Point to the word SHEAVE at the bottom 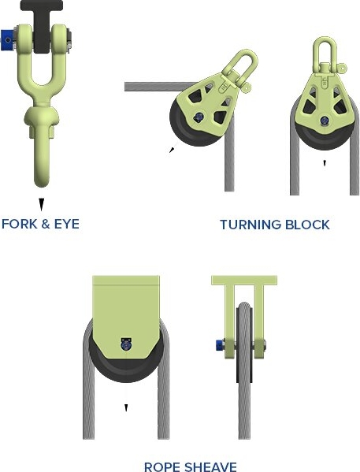tap(210, 467)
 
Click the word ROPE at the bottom tap(162, 467)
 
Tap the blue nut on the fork tap(7, 39)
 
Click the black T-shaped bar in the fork tap(42, 25)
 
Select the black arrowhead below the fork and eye tap(41, 204)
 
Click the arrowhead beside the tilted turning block tap(172, 150)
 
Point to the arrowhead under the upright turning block tap(325, 163)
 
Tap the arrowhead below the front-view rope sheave tap(126, 408)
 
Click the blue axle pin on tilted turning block tap(199, 117)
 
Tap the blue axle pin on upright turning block tap(325, 121)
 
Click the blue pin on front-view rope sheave tap(126, 344)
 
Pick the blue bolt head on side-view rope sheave tap(220, 344)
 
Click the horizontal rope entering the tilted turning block tap(159, 87)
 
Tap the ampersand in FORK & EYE tap(46, 224)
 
